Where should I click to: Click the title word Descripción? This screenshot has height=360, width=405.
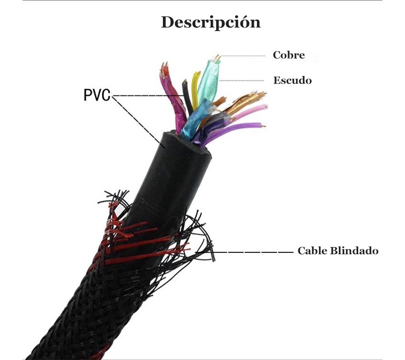[x=211, y=22]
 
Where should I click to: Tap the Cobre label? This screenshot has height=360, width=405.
[x=288, y=55]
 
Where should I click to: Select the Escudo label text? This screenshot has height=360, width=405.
[x=292, y=81]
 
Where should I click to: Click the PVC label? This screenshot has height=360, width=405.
[x=97, y=95]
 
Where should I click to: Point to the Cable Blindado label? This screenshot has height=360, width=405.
[x=337, y=251]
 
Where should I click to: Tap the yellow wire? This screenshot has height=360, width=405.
[x=194, y=88]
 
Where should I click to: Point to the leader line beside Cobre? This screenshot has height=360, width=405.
[x=245, y=56]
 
